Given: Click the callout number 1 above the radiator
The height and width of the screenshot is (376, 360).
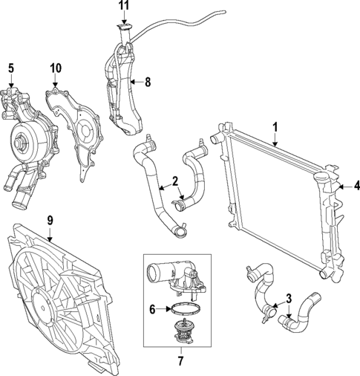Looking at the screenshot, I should tap(275, 127).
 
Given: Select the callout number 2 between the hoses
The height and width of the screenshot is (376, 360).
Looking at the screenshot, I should tap(174, 181).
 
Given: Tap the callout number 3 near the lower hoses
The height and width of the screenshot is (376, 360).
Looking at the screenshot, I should tap(289, 299).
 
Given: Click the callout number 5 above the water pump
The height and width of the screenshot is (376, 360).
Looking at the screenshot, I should tap(10, 68).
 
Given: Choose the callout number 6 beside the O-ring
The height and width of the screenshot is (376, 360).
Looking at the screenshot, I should tap(152, 309).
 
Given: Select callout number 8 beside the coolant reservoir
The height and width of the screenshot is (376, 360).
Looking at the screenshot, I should tap(147, 82).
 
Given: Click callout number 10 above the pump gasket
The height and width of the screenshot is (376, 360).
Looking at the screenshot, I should tap(56, 68).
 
